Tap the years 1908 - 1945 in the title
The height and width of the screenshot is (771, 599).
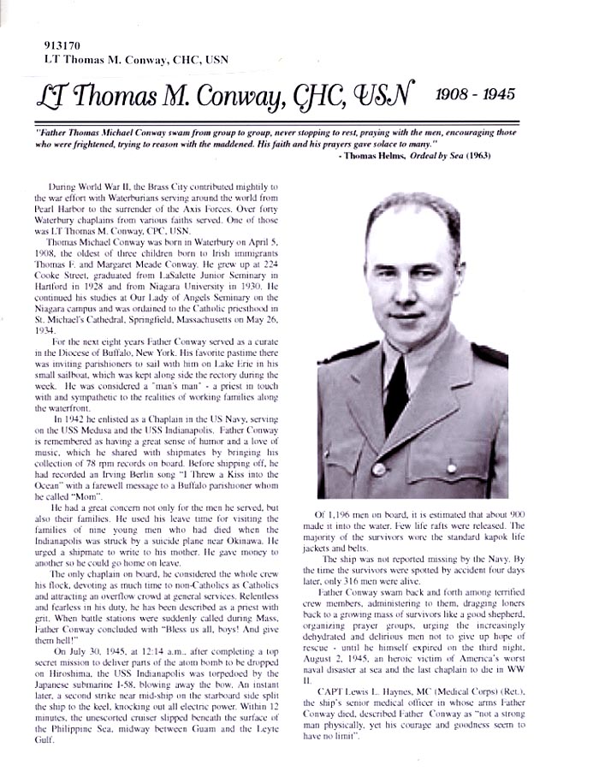click(x=476, y=94)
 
